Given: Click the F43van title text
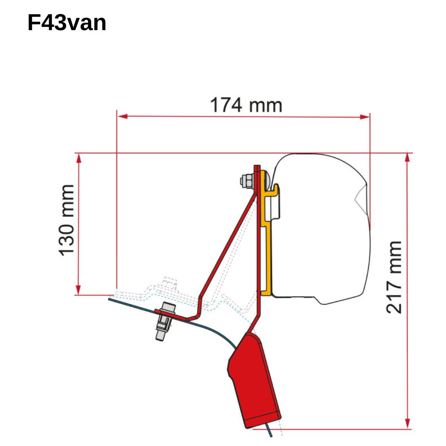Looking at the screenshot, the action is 67,23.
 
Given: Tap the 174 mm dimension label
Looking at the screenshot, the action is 246,105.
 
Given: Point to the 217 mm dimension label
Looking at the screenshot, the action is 394,278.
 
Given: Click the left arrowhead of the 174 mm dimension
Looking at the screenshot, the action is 122,116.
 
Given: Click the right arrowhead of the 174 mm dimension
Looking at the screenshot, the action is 365,117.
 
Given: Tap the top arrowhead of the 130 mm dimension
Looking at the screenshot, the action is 79,158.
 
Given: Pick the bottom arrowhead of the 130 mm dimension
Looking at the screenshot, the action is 78,290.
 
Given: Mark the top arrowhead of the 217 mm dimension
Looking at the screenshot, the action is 408,158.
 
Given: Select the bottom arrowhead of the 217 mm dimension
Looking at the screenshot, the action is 408,423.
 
